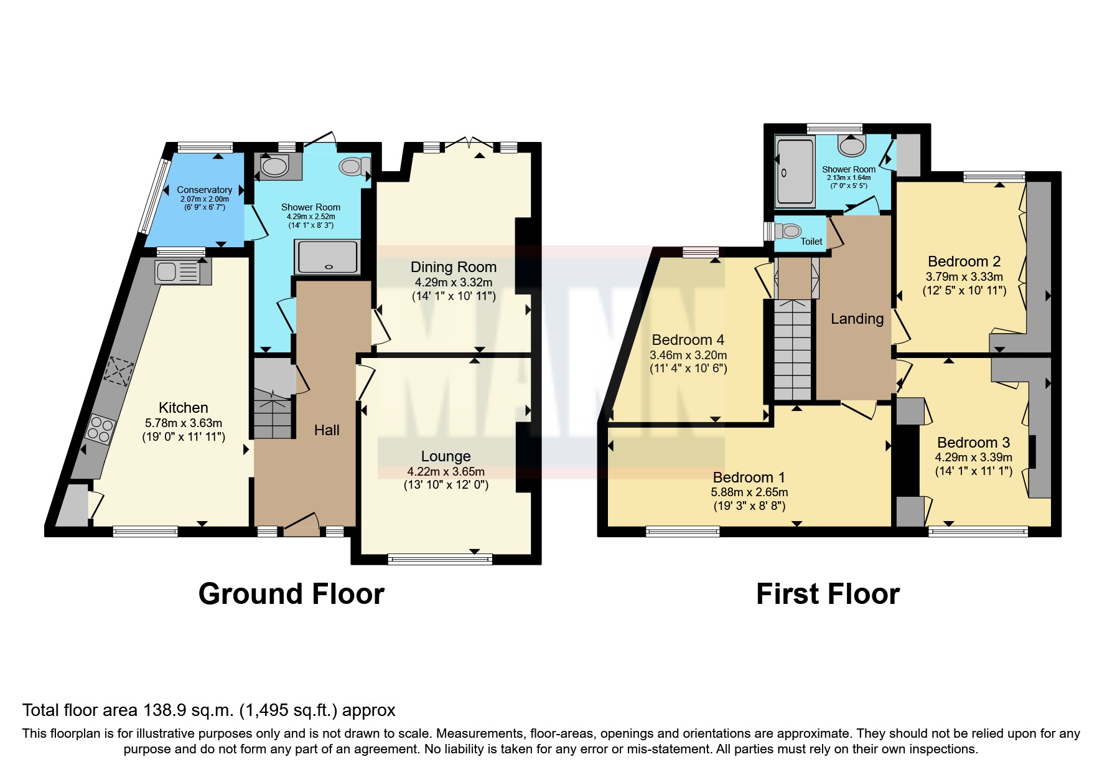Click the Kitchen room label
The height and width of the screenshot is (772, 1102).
(183, 408)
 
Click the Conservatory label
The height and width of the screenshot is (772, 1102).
(204, 190)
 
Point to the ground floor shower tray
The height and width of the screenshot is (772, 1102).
(327, 257)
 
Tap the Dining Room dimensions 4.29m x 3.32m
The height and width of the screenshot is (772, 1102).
(453, 282)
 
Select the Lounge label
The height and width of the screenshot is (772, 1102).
(446, 456)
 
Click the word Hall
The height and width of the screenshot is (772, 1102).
(327, 430)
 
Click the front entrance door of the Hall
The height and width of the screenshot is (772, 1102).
(302, 526)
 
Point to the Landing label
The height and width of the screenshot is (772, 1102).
(857, 319)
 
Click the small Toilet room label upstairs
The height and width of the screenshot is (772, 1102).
(811, 242)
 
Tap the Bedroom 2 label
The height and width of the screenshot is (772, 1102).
(964, 261)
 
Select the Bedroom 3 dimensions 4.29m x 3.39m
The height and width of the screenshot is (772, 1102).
(973, 457)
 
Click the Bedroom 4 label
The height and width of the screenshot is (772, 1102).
(688, 340)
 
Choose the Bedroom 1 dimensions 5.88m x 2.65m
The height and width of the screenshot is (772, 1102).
(749, 492)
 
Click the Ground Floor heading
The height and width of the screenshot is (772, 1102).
(291, 594)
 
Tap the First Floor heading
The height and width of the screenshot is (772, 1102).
(828, 594)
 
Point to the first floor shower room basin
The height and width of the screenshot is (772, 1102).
(851, 146)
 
